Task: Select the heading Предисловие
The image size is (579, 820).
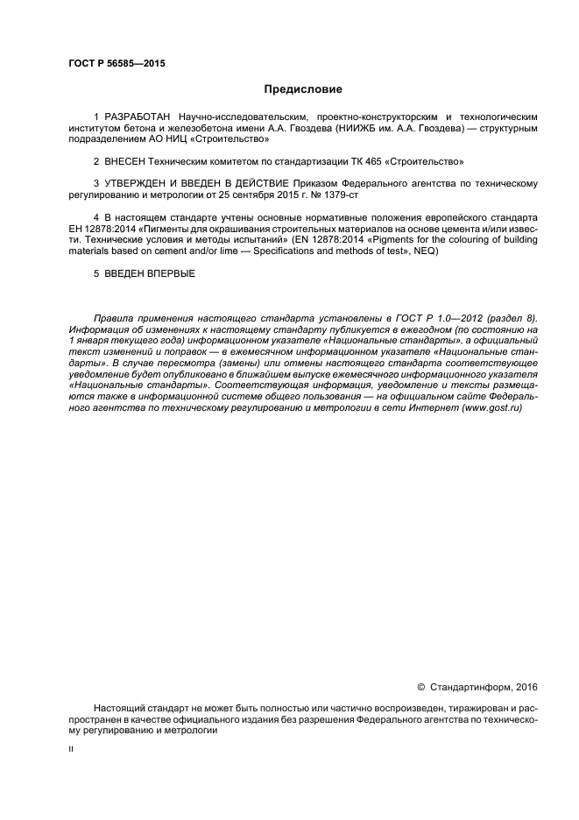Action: point(303,89)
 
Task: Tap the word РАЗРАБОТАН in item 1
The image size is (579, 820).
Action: point(138,117)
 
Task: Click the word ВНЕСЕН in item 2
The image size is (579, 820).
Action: point(128,161)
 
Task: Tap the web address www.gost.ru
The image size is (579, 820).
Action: point(491,408)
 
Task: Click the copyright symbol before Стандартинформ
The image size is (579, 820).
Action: point(420,686)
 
